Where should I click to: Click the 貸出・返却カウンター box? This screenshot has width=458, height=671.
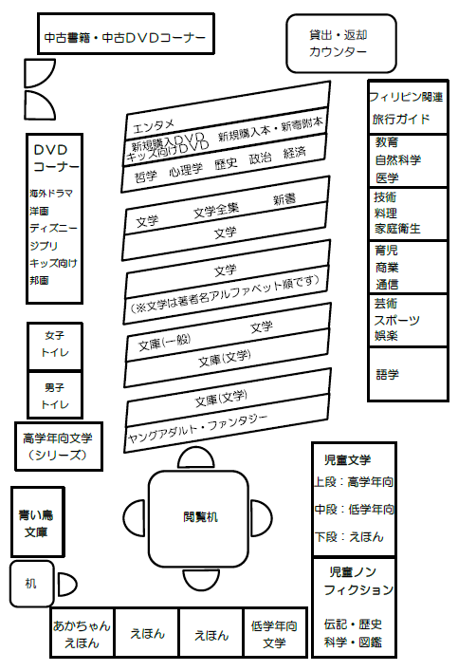pyautogui.click(x=340, y=44)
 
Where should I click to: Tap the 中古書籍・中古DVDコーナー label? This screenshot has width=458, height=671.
pyautogui.click(x=125, y=38)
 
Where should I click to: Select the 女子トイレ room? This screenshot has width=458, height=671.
pyautogui.click(x=55, y=346)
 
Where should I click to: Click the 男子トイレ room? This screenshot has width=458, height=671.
pyautogui.click(x=55, y=396)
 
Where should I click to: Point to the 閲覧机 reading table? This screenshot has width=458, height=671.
pyautogui.click(x=198, y=518)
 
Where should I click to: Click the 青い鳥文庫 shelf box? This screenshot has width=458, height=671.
pyautogui.click(x=38, y=522)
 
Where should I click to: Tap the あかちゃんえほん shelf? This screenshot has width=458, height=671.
pyautogui.click(x=82, y=632)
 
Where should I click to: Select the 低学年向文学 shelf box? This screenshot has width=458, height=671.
pyautogui.click(x=275, y=632)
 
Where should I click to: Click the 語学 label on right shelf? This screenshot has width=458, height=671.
pyautogui.click(x=387, y=375)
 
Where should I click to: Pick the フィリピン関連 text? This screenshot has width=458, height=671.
pyautogui.click(x=406, y=97)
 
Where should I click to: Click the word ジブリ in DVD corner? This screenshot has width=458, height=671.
pyautogui.click(x=44, y=246)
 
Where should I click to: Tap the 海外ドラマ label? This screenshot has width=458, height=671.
pyautogui.click(x=51, y=193)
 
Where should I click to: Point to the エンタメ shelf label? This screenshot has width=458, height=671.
pyautogui.click(x=154, y=126)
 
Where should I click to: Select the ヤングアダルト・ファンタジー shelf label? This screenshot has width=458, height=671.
pyautogui.click(x=197, y=429)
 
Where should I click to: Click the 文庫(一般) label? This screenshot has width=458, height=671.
pyautogui.click(x=165, y=342)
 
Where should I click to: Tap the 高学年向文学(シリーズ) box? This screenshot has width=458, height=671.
pyautogui.click(x=59, y=446)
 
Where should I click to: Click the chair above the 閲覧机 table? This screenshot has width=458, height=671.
pyautogui.click(x=196, y=457)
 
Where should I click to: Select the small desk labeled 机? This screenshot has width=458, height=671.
pyautogui.click(x=31, y=584)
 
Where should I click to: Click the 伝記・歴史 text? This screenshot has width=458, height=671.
pyautogui.click(x=353, y=624)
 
